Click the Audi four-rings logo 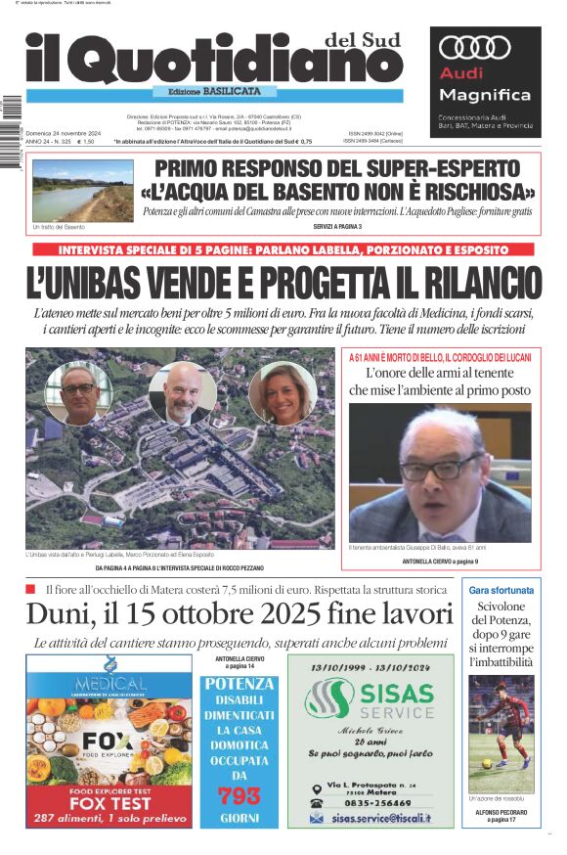475,47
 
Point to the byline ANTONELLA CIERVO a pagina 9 440,562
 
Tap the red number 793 239,795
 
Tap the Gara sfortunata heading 501,591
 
